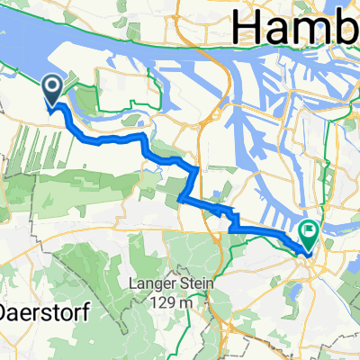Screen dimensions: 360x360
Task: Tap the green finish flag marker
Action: point(309,237)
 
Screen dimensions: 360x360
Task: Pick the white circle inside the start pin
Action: point(52,86)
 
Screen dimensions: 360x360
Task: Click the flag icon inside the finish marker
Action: point(309,233)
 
